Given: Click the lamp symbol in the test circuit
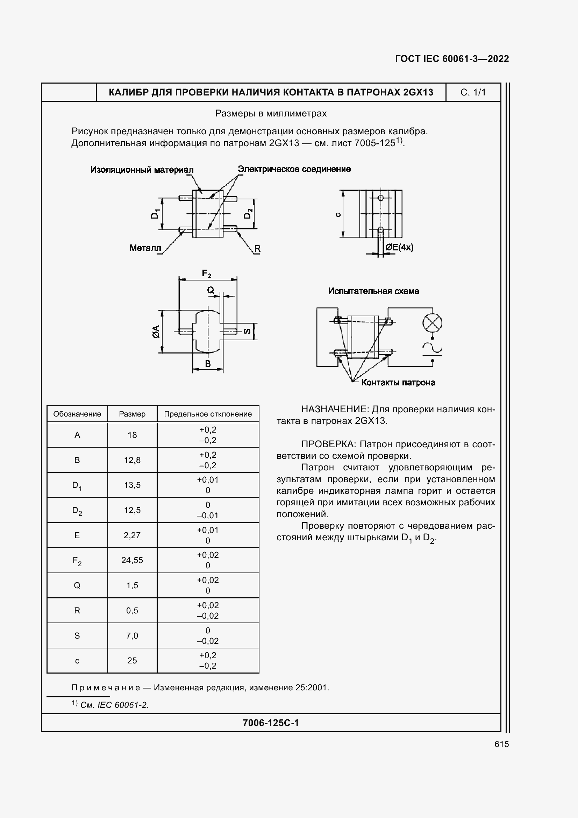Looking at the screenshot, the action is pos(432,323).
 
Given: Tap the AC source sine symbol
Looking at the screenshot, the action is pos(432,348).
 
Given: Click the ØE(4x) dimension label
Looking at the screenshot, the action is pos(399,247).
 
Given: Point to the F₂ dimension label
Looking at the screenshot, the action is pos(207,273).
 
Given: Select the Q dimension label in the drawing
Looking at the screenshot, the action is pos(210,290).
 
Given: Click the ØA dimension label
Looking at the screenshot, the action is pos(156,332).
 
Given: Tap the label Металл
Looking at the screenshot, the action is pos(145,248).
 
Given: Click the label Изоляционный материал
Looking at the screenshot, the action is pos(142,170).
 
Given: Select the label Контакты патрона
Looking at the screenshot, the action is pos(398,383).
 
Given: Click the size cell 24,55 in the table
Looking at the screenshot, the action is pos(132,560).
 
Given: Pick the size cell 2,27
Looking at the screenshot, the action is pos(132,535).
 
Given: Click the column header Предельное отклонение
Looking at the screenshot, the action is pos(208,414).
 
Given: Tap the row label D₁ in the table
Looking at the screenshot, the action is pos(77,486).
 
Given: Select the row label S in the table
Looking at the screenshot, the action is pos(77,635).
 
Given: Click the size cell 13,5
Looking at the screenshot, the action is pos(132,485).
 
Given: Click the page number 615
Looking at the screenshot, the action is pos(501,744).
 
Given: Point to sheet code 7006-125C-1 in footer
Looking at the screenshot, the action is pos(271,723).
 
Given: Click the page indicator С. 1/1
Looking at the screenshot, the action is pos(473,92).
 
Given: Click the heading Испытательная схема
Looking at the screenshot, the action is pos(373,291).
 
